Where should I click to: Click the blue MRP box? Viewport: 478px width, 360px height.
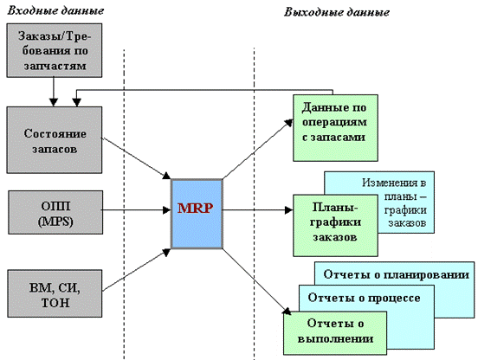click(197, 214)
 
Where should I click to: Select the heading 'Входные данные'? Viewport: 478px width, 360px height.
click(55, 10)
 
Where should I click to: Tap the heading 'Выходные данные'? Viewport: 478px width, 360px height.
click(337, 12)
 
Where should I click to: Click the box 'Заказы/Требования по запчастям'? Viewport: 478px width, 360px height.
click(55, 50)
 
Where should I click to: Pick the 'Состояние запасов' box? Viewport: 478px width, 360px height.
click(55, 140)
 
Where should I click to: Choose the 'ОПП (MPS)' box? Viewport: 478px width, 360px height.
click(55, 212)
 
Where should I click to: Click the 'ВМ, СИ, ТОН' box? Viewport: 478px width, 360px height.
click(55, 293)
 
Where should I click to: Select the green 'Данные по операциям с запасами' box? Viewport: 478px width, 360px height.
click(335, 128)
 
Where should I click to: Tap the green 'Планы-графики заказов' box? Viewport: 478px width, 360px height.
click(335, 225)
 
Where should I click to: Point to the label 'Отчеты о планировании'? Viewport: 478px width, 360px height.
click(396, 274)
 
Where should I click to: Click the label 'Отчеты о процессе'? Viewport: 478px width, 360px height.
click(364, 298)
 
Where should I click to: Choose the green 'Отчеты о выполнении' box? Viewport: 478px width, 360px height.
click(335, 333)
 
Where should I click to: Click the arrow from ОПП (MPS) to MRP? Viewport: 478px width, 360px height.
click(136, 209)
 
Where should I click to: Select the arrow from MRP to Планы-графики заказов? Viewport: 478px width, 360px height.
click(258, 209)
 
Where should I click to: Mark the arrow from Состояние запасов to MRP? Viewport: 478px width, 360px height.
click(136, 158)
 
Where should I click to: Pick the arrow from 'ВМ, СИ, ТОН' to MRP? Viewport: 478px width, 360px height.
click(136, 270)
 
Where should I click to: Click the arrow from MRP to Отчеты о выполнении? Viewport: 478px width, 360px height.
click(256, 282)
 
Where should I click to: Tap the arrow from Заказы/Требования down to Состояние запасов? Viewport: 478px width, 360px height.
click(54, 92)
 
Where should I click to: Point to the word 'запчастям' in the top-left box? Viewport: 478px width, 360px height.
click(55, 66)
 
